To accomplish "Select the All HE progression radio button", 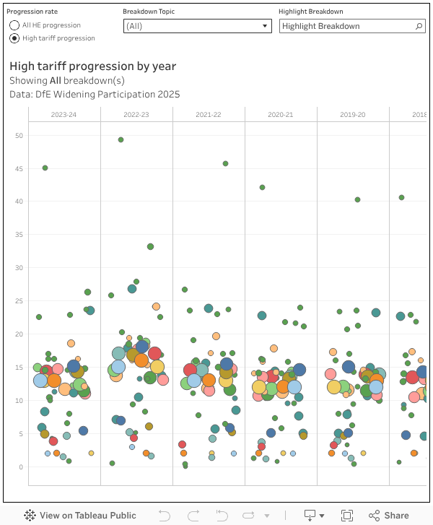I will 14,25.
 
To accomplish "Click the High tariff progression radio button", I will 14,38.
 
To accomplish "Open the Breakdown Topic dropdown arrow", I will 265,26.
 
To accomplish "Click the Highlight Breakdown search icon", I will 419,26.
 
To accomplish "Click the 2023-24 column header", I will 64,115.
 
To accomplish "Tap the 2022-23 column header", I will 136,115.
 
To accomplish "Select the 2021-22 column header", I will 209,115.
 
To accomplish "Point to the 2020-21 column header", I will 281,115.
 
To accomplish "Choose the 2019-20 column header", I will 353,115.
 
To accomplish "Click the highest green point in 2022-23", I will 121,139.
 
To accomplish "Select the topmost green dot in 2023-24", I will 45,168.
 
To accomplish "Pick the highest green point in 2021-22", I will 225,164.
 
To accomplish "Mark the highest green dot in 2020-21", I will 262,188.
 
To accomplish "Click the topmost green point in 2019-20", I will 357,199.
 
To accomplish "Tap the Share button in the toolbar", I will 389,516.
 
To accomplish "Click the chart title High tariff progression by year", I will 92,66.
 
